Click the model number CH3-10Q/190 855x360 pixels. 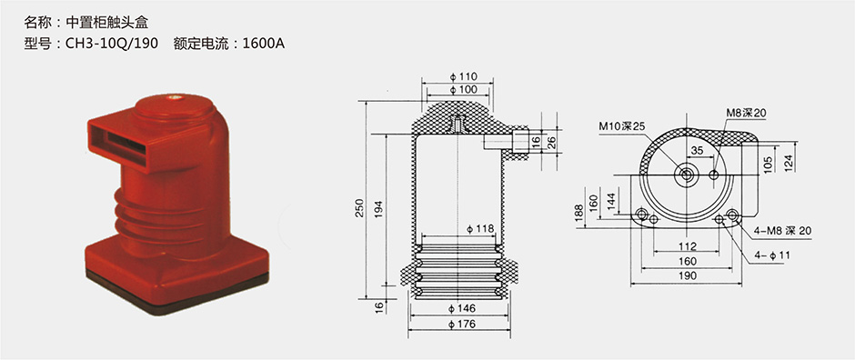(112, 44)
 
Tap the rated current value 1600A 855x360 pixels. (264, 44)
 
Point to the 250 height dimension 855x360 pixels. (359, 208)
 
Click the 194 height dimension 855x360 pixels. (379, 210)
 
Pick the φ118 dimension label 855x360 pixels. (480, 229)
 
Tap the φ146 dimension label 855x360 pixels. (462, 309)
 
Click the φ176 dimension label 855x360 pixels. (462, 325)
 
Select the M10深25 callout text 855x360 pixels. (622, 126)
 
